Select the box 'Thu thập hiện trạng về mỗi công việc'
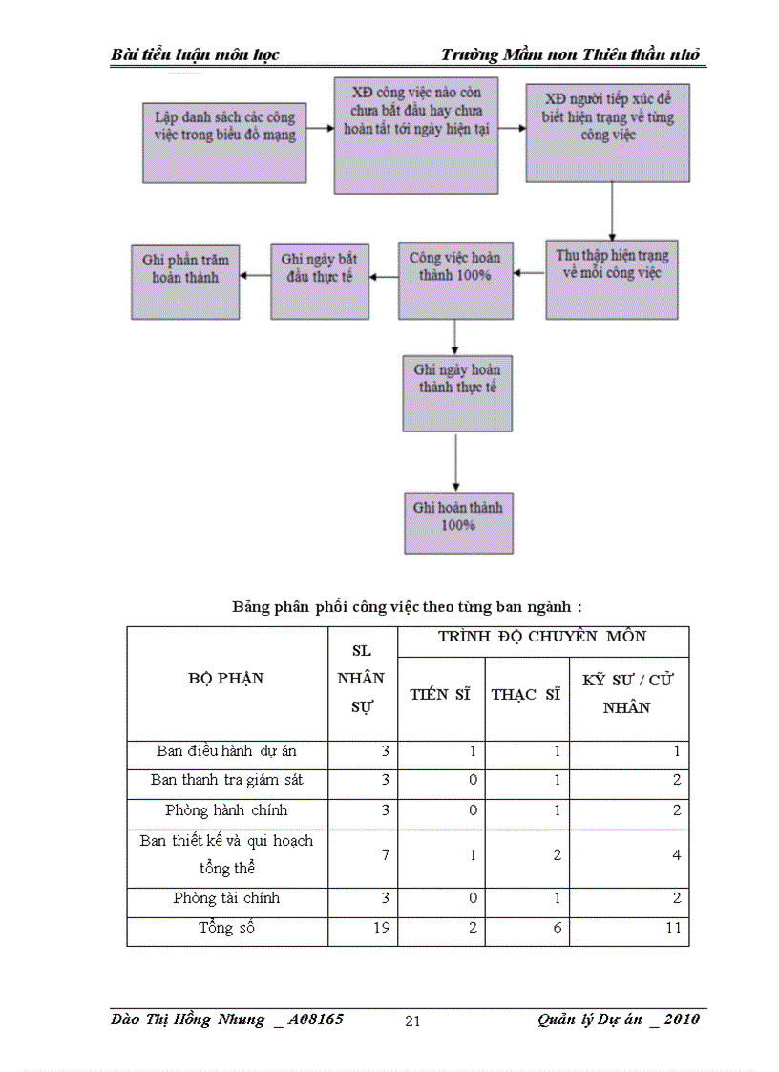coord(611,279)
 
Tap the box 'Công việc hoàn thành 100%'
coord(454,280)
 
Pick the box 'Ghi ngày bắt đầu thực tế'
coord(319,281)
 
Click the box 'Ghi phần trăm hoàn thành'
coord(185,281)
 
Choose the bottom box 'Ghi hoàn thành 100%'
coord(458,521)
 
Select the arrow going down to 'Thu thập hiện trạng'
coord(611,211)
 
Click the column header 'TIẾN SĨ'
coord(440,695)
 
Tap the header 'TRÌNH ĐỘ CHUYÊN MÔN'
coord(542,637)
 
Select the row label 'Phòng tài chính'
coord(226,898)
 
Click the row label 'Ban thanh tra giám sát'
coord(226,780)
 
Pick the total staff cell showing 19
coord(381,927)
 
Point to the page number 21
coord(412,1021)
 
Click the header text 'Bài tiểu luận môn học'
coord(195,54)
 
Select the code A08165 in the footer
coord(316,1019)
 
